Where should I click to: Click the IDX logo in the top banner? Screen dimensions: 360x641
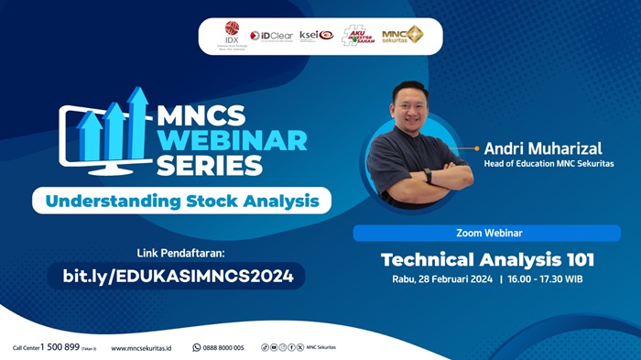coord(231,36)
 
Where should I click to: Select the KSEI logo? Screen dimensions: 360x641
coord(316,36)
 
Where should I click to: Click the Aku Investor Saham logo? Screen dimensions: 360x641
coord(358,36)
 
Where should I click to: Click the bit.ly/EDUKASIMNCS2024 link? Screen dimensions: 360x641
coord(183,275)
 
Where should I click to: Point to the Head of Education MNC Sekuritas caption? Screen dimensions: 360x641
coord(549,164)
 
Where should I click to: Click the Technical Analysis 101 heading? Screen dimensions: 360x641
coord(487,258)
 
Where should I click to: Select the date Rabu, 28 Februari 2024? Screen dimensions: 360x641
coord(439,278)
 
